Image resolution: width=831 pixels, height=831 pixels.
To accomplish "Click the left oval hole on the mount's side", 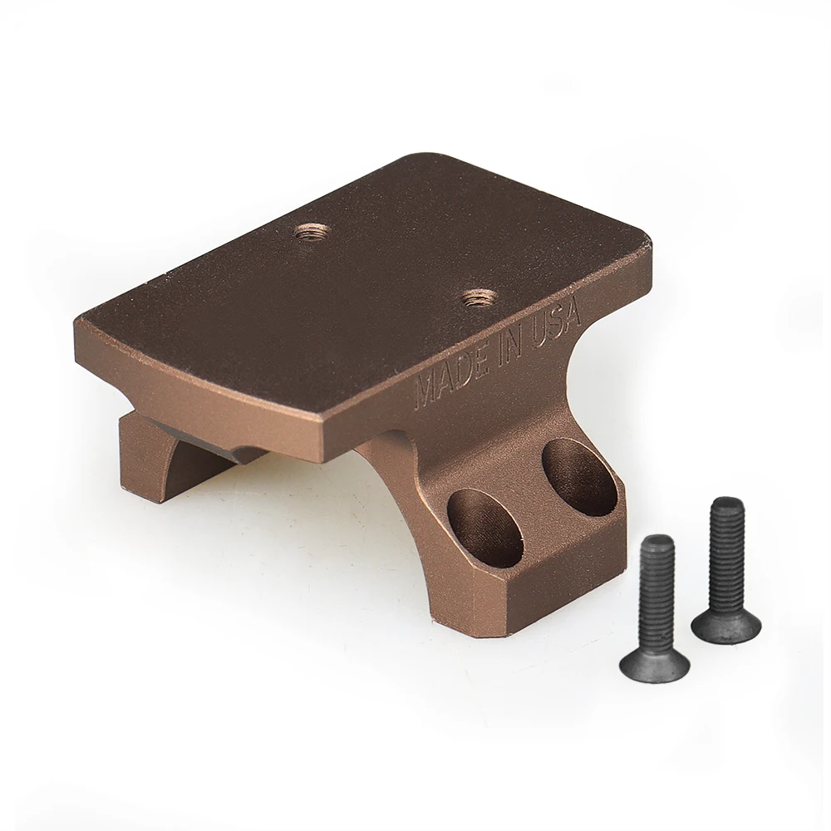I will [x=485, y=528].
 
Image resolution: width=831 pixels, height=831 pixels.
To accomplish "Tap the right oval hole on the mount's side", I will [x=578, y=477].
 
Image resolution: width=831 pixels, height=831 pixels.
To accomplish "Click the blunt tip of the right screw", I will [x=727, y=504].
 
